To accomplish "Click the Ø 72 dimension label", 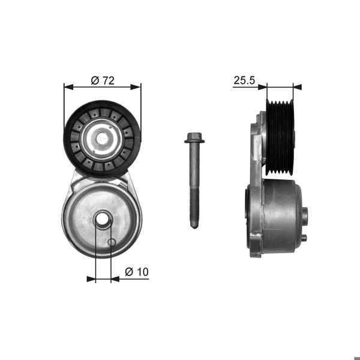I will click(103, 80).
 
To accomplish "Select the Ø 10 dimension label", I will click(136, 272).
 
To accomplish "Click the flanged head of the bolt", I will click(194, 139).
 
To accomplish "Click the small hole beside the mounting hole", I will click(112, 242).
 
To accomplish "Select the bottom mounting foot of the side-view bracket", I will click(255, 252).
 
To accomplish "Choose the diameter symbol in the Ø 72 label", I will click(94, 80).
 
